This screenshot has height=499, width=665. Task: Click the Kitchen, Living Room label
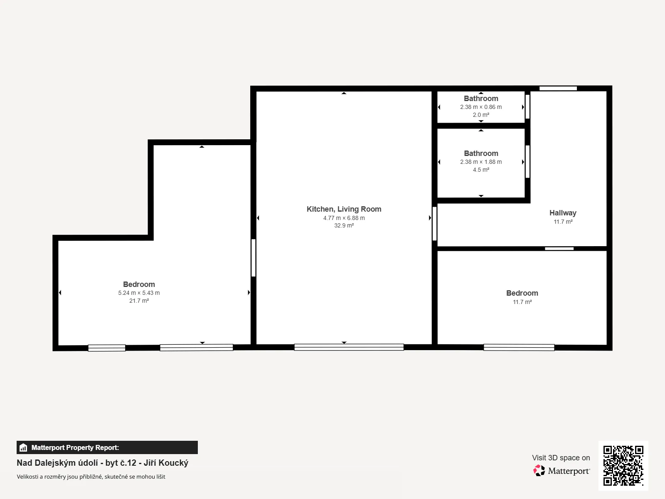(344, 209)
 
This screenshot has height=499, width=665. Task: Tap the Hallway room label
(563, 213)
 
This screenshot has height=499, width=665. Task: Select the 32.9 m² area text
(344, 225)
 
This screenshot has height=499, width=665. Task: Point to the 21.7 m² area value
(139, 301)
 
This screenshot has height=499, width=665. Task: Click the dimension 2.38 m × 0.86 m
(481, 107)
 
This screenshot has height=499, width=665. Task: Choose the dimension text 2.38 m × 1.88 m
(481, 162)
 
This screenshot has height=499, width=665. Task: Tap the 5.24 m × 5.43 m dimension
(139, 293)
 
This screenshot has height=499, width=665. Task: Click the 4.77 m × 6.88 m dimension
(344, 218)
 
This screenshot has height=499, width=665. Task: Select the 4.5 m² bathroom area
(481, 170)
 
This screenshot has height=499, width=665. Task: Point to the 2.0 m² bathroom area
(481, 115)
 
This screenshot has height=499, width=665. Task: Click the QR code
(623, 465)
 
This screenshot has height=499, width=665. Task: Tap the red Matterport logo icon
(539, 471)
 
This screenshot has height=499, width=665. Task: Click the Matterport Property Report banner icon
(23, 447)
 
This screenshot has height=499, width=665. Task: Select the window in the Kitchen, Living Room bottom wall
(349, 347)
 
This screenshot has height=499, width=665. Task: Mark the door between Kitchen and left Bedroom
(254, 258)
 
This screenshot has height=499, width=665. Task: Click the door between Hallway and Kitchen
(434, 224)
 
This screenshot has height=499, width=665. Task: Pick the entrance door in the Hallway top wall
(558, 89)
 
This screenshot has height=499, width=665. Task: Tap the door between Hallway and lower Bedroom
(559, 249)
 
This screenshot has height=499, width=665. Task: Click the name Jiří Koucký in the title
(166, 463)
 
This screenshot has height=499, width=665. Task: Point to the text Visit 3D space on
(561, 458)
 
